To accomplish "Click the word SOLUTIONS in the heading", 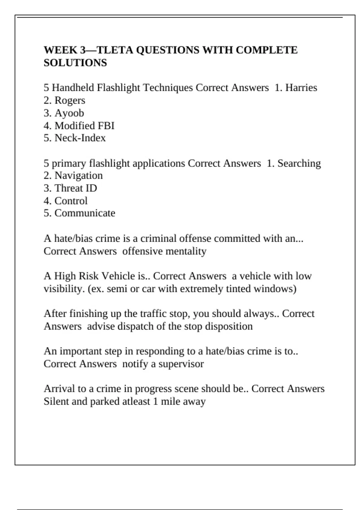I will click(x=75, y=63).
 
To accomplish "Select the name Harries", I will click(x=301, y=88).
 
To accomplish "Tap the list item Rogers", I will click(x=70, y=100).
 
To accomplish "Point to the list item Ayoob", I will click(x=69, y=113).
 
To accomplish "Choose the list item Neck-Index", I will click(x=80, y=138).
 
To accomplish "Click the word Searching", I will click(x=299, y=163).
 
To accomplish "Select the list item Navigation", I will click(x=79, y=175).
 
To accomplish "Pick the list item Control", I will click(x=71, y=201).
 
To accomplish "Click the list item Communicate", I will click(x=85, y=213).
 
